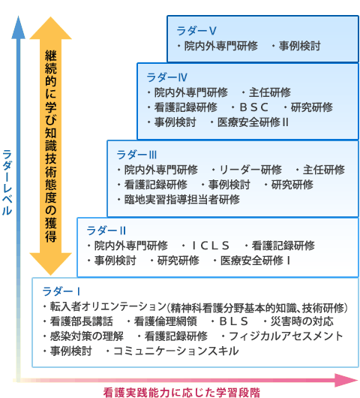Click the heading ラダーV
(196, 31)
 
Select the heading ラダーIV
(166, 77)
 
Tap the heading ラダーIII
(136, 155)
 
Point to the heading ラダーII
(106, 231)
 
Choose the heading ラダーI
(61, 291)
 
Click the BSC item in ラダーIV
(253, 107)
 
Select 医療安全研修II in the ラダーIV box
(253, 122)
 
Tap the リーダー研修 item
(250, 170)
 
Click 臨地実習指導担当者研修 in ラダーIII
(182, 200)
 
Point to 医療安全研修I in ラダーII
(255, 261)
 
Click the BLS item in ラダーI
(233, 321)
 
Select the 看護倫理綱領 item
(165, 321)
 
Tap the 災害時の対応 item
(302, 321)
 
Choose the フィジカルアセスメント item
(286, 336)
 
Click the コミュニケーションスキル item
(176, 351)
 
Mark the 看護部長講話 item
(82, 321)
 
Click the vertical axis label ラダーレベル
(7, 182)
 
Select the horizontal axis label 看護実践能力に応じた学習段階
(181, 392)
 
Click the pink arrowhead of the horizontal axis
(346, 380)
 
